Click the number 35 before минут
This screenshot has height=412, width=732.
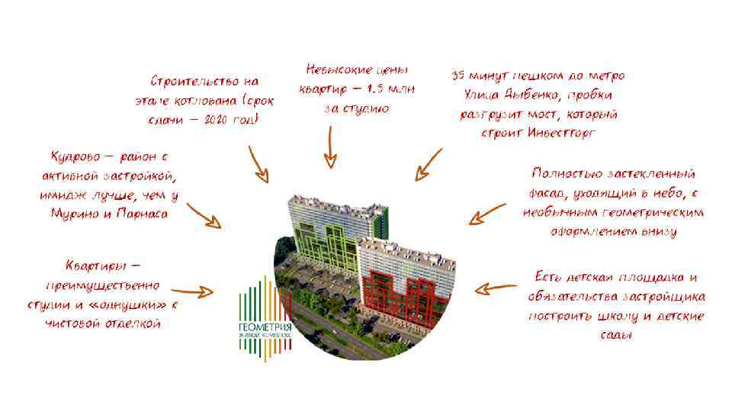458,76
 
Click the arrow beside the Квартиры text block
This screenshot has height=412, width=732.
192,291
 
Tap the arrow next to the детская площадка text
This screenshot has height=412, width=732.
495,289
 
